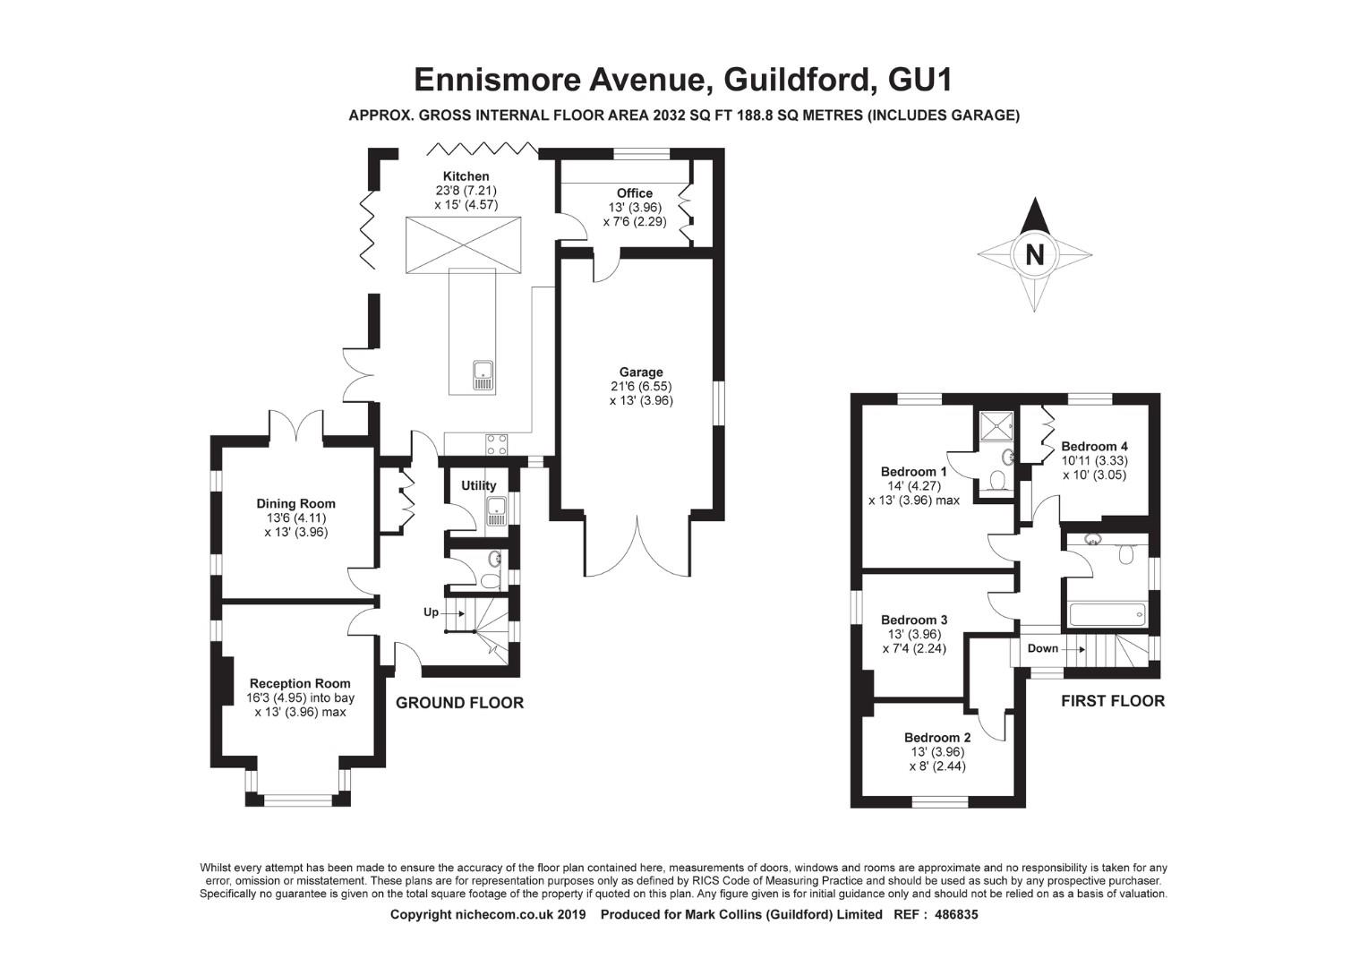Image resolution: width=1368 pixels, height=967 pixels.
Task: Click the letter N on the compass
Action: tap(1035, 254)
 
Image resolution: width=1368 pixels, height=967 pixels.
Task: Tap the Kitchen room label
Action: tap(466, 175)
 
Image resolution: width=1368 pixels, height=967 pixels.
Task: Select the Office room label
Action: tap(635, 193)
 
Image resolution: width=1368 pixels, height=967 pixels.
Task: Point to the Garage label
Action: tap(641, 372)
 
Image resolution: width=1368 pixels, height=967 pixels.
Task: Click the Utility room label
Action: tap(479, 485)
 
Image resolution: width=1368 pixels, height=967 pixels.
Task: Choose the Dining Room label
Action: tap(295, 504)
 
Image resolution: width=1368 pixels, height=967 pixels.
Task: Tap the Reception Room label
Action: tap(300, 683)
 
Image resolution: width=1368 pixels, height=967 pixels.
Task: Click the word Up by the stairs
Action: tap(432, 612)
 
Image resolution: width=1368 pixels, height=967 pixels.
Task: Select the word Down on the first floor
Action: tap(1042, 648)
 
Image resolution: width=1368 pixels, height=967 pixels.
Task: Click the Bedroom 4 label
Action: tap(1094, 446)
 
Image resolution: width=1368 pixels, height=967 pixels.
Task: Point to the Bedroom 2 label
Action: tap(937, 737)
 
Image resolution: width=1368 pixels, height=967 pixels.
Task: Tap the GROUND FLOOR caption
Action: tap(460, 703)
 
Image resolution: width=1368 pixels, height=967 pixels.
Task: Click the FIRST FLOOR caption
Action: tap(1113, 701)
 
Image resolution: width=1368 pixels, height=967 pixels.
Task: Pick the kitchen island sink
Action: tap(483, 376)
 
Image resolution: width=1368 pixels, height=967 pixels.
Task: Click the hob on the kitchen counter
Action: tap(497, 444)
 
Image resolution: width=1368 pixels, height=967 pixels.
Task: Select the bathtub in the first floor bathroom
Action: tap(1107, 614)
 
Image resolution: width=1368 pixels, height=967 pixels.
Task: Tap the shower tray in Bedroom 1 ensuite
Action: tap(996, 426)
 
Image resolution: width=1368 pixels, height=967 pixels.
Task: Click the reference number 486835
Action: tap(956, 914)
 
